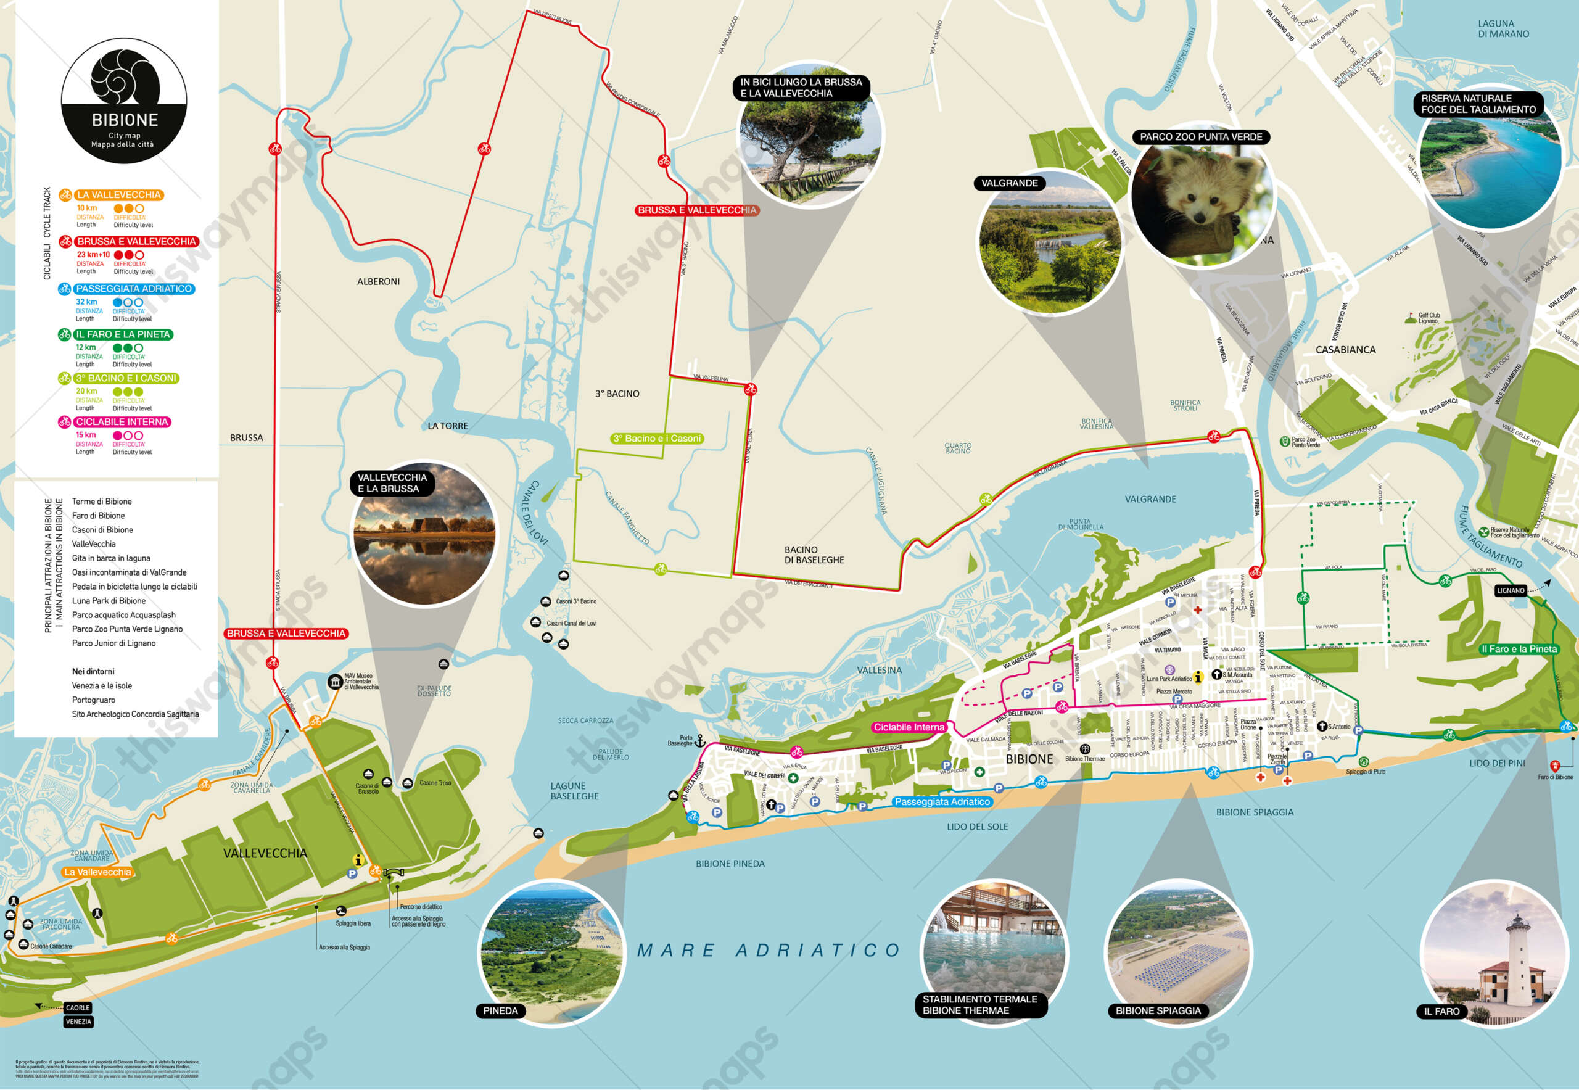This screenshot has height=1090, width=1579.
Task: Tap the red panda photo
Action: [x=1202, y=198]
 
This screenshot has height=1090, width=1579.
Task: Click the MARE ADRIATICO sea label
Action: [x=769, y=950]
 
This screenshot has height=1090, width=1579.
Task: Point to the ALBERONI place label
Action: [x=378, y=281]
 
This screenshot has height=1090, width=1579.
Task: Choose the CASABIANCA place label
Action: [x=1345, y=350]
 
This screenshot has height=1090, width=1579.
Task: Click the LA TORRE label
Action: [x=447, y=426]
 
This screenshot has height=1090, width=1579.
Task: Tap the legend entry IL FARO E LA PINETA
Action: [x=123, y=334]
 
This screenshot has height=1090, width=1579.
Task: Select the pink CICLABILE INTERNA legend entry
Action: [x=122, y=422]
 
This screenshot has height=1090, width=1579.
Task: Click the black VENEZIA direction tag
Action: [x=78, y=1022]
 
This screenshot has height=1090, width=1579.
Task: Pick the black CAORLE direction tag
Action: [x=78, y=1007]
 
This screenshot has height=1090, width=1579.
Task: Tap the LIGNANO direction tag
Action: [x=1510, y=591]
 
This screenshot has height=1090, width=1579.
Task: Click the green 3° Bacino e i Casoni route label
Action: [x=656, y=439]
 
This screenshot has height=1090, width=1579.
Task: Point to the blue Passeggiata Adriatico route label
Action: [x=942, y=802]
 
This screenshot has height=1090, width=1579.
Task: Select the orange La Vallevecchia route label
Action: [x=97, y=872]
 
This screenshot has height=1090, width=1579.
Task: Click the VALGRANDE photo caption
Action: [x=1010, y=183]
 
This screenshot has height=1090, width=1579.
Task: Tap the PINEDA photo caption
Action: [x=501, y=1011]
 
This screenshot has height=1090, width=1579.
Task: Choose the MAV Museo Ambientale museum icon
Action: [x=335, y=682]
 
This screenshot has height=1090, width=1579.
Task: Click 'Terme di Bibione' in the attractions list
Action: [x=102, y=502]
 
